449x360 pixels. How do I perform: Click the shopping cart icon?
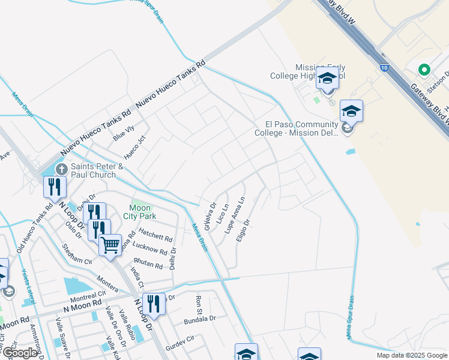(x=110, y=245)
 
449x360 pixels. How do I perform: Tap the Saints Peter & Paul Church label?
(x=97, y=170)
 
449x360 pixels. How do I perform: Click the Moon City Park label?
(x=137, y=211)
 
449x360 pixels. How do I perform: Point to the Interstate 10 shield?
(x=383, y=68)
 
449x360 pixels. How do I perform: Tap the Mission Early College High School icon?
(x=327, y=79)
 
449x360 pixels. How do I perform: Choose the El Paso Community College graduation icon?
(x=351, y=111)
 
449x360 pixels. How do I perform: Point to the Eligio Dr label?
(x=243, y=230)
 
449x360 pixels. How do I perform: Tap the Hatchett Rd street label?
(x=155, y=235)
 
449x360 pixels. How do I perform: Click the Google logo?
(x=20, y=353)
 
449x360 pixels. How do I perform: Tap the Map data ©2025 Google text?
(x=411, y=355)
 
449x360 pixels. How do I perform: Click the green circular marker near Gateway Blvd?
(x=424, y=70)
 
